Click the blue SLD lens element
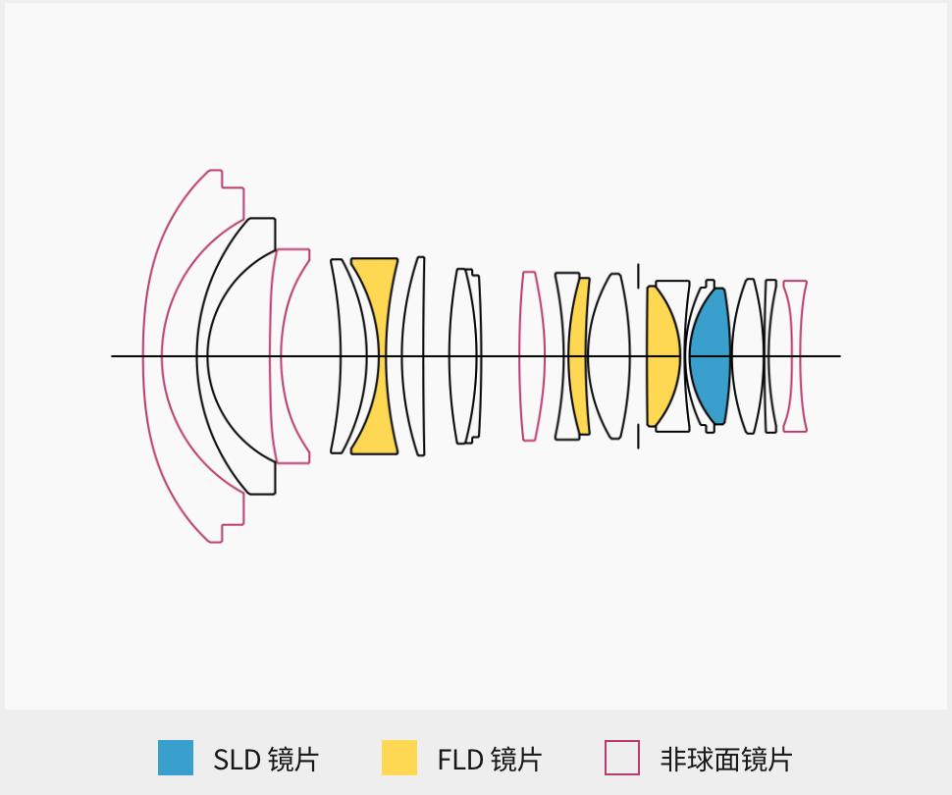710,355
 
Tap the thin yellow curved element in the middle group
580,355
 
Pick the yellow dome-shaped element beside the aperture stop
661,355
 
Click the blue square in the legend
176,758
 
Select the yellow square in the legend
399,758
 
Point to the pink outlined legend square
622,758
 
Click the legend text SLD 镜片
265,759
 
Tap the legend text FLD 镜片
489,759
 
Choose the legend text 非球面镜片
725,759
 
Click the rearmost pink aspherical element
795,355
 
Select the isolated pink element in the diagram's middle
531,355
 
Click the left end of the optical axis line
113,355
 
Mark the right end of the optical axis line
839,355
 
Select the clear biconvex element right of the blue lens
747,355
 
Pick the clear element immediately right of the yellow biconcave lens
412,355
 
